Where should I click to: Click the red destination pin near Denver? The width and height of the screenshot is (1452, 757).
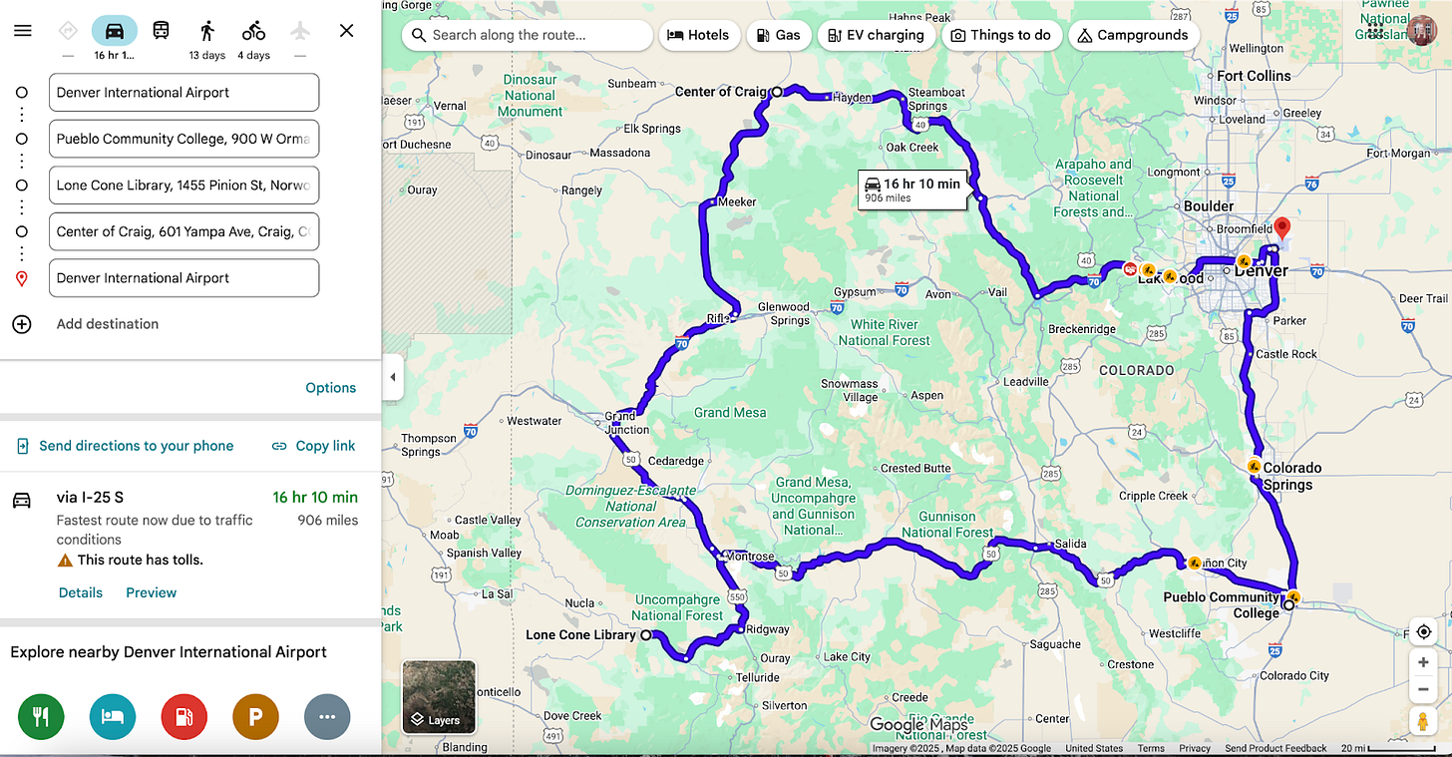click(1282, 227)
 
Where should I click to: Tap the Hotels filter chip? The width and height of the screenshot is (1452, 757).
click(699, 35)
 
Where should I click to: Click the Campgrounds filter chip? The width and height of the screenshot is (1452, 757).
click(1133, 35)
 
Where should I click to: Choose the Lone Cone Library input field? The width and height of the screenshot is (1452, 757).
click(183, 186)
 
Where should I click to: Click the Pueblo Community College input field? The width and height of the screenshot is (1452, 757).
click(183, 139)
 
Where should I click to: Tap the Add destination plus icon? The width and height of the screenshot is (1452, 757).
click(22, 324)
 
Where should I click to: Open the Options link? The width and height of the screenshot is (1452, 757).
click(330, 388)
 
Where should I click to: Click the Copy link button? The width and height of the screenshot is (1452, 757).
click(313, 446)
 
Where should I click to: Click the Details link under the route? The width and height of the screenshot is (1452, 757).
click(81, 592)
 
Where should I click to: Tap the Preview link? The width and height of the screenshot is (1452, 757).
click(151, 592)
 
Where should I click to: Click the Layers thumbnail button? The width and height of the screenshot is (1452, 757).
click(439, 697)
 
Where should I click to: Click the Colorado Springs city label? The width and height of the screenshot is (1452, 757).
click(1291, 476)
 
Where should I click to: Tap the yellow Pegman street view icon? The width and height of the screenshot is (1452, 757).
click(1423, 721)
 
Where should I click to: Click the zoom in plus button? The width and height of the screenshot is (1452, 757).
click(1423, 662)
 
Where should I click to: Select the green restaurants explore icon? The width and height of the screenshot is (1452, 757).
click(41, 716)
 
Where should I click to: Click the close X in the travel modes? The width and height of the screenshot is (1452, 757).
click(346, 31)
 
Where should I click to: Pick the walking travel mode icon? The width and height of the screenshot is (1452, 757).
click(207, 31)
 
